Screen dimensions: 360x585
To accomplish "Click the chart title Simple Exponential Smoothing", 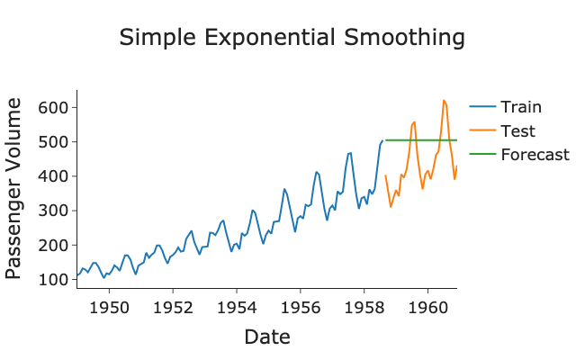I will [x=292, y=38].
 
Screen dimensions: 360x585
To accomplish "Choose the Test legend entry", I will [x=517, y=130].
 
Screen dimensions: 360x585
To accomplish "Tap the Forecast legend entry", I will [x=535, y=154].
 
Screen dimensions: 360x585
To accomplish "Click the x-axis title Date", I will [x=266, y=337].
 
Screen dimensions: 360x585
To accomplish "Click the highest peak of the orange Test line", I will [x=444, y=100].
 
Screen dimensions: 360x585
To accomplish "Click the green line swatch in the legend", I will [x=482, y=154].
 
